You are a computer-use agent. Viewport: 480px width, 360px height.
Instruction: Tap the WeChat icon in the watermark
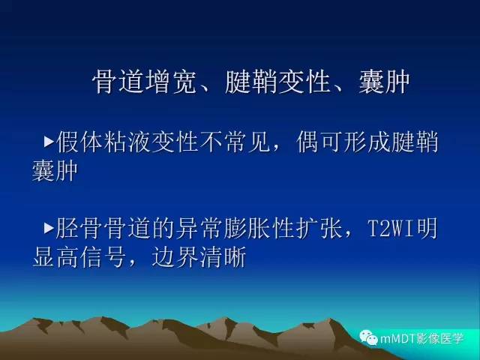[369, 337]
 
